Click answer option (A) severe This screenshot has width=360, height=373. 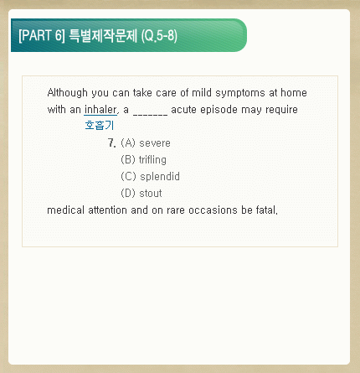click(146, 143)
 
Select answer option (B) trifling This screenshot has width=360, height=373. click(143, 160)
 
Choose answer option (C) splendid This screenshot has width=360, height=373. click(150, 177)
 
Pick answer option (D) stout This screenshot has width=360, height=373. click(141, 193)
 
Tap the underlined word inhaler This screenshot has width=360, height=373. click(100, 109)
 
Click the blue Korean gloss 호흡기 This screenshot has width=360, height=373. click(100, 125)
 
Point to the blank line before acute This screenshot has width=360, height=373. click(151, 114)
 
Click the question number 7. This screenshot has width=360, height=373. click(111, 143)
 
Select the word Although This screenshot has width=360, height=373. click(67, 93)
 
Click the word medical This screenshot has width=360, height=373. click(65, 210)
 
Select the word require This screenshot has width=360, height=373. click(281, 110)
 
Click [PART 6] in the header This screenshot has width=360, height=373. click(42, 35)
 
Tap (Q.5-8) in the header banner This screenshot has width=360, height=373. click(159, 36)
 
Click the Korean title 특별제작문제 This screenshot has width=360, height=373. click(103, 35)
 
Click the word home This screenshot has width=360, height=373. click(294, 92)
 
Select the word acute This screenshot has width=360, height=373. click(184, 110)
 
